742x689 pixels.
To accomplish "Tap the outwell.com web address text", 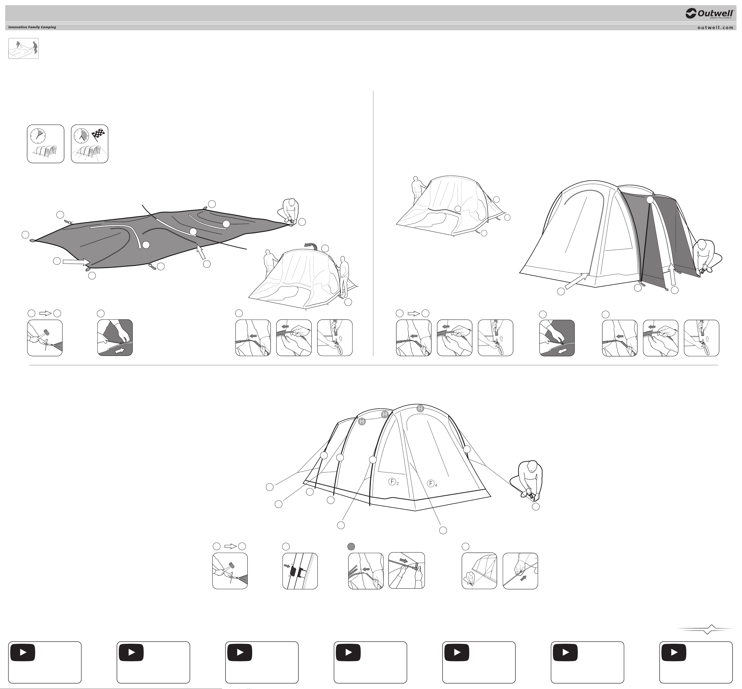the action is click(715, 27).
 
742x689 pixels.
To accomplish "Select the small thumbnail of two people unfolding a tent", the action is click(24, 49).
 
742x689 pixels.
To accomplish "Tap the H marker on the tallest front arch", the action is click(420, 408).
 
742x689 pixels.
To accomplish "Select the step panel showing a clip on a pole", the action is click(300, 571).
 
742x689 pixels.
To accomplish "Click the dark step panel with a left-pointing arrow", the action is click(557, 338).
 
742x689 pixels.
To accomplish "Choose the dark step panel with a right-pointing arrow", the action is click(115, 338).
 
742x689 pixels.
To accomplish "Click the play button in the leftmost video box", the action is click(23, 652).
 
